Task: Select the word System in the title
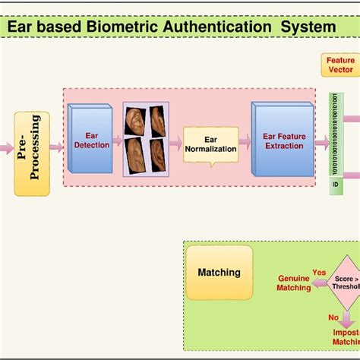(308, 27)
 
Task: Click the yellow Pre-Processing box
(32, 153)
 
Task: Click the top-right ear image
(158, 119)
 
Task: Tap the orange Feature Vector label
(339, 65)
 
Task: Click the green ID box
(335, 185)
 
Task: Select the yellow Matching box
(219, 272)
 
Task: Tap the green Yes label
(319, 272)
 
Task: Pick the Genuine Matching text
(293, 283)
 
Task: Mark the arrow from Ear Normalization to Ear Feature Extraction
(245, 141)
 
